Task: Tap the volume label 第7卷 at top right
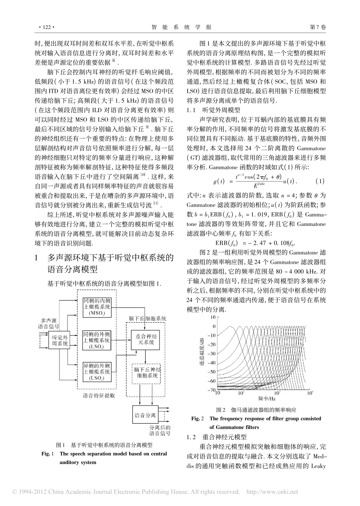pyautogui.click(x=318, y=27)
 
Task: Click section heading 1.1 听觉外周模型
pyautogui.click(x=214, y=110)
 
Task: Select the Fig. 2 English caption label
pyautogui.click(x=198, y=418)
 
